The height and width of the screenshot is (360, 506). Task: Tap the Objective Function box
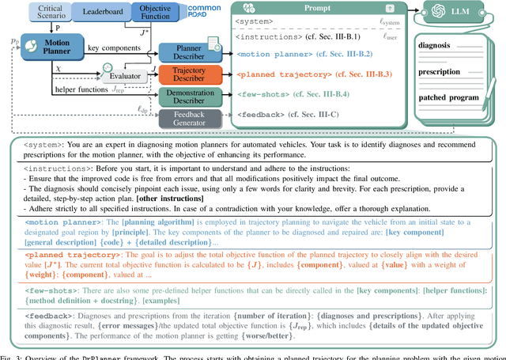tap(156, 13)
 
